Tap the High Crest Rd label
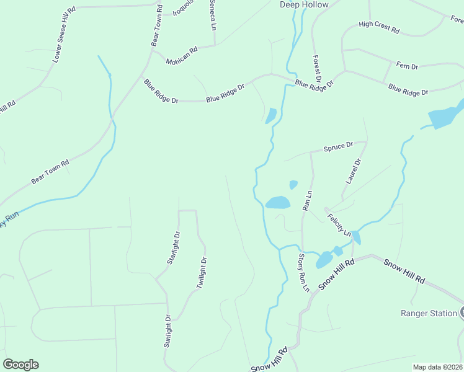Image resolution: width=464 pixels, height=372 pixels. pos(379,27)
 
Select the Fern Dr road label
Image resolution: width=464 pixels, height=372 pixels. pos(407,66)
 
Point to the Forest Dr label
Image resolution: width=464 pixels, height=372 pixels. pos(316,69)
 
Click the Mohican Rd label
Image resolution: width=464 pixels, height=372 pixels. pos(181,55)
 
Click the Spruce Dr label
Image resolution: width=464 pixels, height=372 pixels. pos(338,147)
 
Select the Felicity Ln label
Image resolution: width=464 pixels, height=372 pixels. pos(341,223)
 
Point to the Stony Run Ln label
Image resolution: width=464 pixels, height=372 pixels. pos(303,272)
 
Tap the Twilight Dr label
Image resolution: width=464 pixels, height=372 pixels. pos(201,273)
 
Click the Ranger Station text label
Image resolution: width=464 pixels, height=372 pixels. pos(429,313)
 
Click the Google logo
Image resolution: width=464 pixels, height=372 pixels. pos(20,365)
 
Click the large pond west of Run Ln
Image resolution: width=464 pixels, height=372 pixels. pos(277,203)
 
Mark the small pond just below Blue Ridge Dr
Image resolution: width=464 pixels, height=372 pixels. pos(270,116)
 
